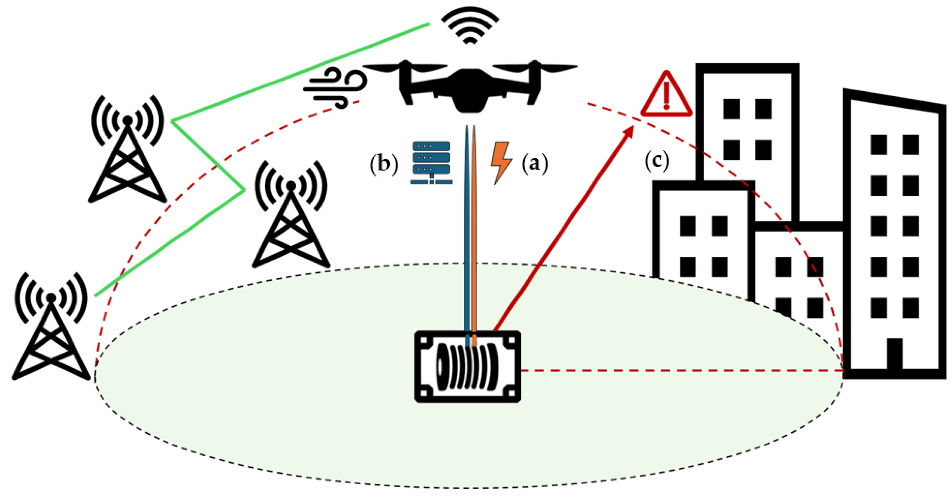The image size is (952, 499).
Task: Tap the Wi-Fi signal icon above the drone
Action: [x=470, y=24]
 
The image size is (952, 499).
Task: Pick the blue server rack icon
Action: [x=431, y=163]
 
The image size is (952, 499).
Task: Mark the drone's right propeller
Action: [x=535, y=68]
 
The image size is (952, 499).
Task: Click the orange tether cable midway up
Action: [x=474, y=229]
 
